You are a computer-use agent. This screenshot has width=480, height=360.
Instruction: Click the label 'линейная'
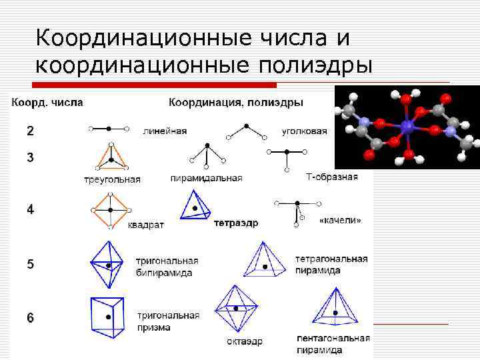point(165,131)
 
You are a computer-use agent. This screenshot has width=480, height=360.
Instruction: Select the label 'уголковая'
point(303,131)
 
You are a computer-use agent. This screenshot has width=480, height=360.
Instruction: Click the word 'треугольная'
point(112,179)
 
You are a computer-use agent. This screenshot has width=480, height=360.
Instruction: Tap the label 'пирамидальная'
point(206,178)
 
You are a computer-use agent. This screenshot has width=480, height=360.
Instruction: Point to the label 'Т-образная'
point(331,177)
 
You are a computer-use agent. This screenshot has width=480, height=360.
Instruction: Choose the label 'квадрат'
point(145,225)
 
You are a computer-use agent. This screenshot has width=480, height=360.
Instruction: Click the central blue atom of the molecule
point(407,125)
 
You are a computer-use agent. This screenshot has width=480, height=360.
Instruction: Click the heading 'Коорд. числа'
point(46,103)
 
